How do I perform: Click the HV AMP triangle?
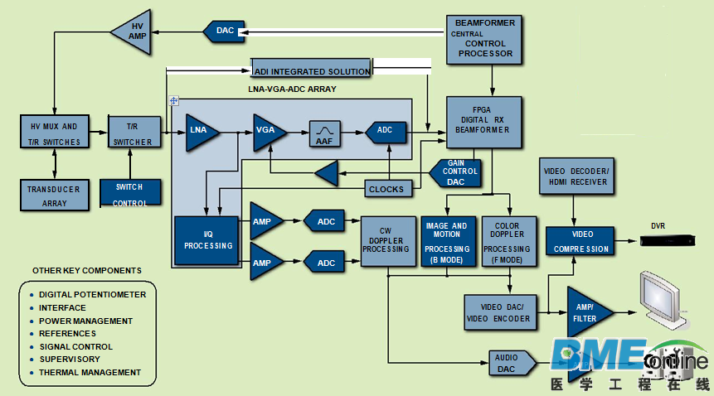point(134,33)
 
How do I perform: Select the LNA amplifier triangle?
point(200,131)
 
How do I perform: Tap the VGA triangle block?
point(268,131)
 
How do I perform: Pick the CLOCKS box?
point(387,189)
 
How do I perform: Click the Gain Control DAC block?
point(456,172)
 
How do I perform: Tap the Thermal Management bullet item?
point(90,372)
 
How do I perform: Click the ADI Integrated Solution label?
point(311,72)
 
